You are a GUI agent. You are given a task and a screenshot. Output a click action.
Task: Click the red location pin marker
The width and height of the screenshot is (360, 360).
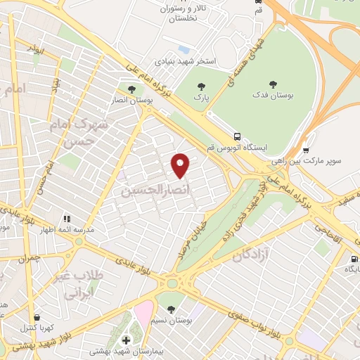point(181,165)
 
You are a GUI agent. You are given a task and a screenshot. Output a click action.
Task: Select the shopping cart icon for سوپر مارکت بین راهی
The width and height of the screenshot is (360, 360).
point(306,150)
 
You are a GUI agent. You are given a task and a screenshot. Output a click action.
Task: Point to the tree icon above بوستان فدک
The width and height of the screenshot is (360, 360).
point(263,84)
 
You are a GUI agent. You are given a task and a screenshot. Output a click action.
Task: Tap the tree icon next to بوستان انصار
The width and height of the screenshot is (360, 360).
point(131,89)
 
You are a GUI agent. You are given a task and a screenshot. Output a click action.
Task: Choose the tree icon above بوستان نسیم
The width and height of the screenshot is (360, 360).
point(171,309)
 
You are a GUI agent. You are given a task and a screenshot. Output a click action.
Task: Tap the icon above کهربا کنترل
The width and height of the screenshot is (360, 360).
point(37,317)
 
